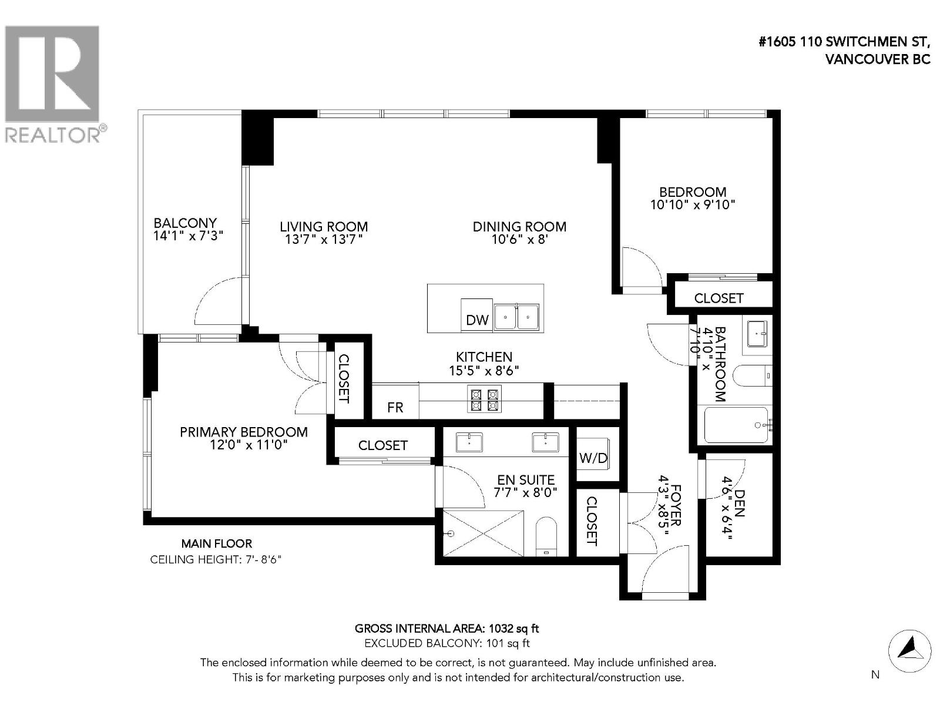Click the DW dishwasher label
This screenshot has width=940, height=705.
click(x=477, y=320)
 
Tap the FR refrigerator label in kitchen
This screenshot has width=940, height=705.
click(x=395, y=407)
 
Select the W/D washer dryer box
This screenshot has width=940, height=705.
click(x=593, y=458)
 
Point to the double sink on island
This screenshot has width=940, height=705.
click(x=516, y=318)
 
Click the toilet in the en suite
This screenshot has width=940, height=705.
click(x=546, y=536)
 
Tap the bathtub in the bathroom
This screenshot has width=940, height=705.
click(x=736, y=425)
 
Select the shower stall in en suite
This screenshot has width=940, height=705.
click(x=483, y=533)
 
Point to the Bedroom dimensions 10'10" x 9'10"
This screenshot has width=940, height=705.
click(x=693, y=205)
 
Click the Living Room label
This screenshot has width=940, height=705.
click(x=324, y=227)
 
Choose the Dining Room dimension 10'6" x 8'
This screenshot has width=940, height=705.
click(x=519, y=240)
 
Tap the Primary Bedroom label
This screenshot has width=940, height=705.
click(x=243, y=432)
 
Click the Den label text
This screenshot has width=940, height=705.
click(x=739, y=503)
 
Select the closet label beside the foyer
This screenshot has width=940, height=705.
click(x=592, y=521)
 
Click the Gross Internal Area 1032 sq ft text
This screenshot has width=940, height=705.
click(x=446, y=629)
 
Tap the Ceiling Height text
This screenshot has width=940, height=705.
click(x=216, y=559)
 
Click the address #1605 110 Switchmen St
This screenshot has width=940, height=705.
click(x=844, y=42)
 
